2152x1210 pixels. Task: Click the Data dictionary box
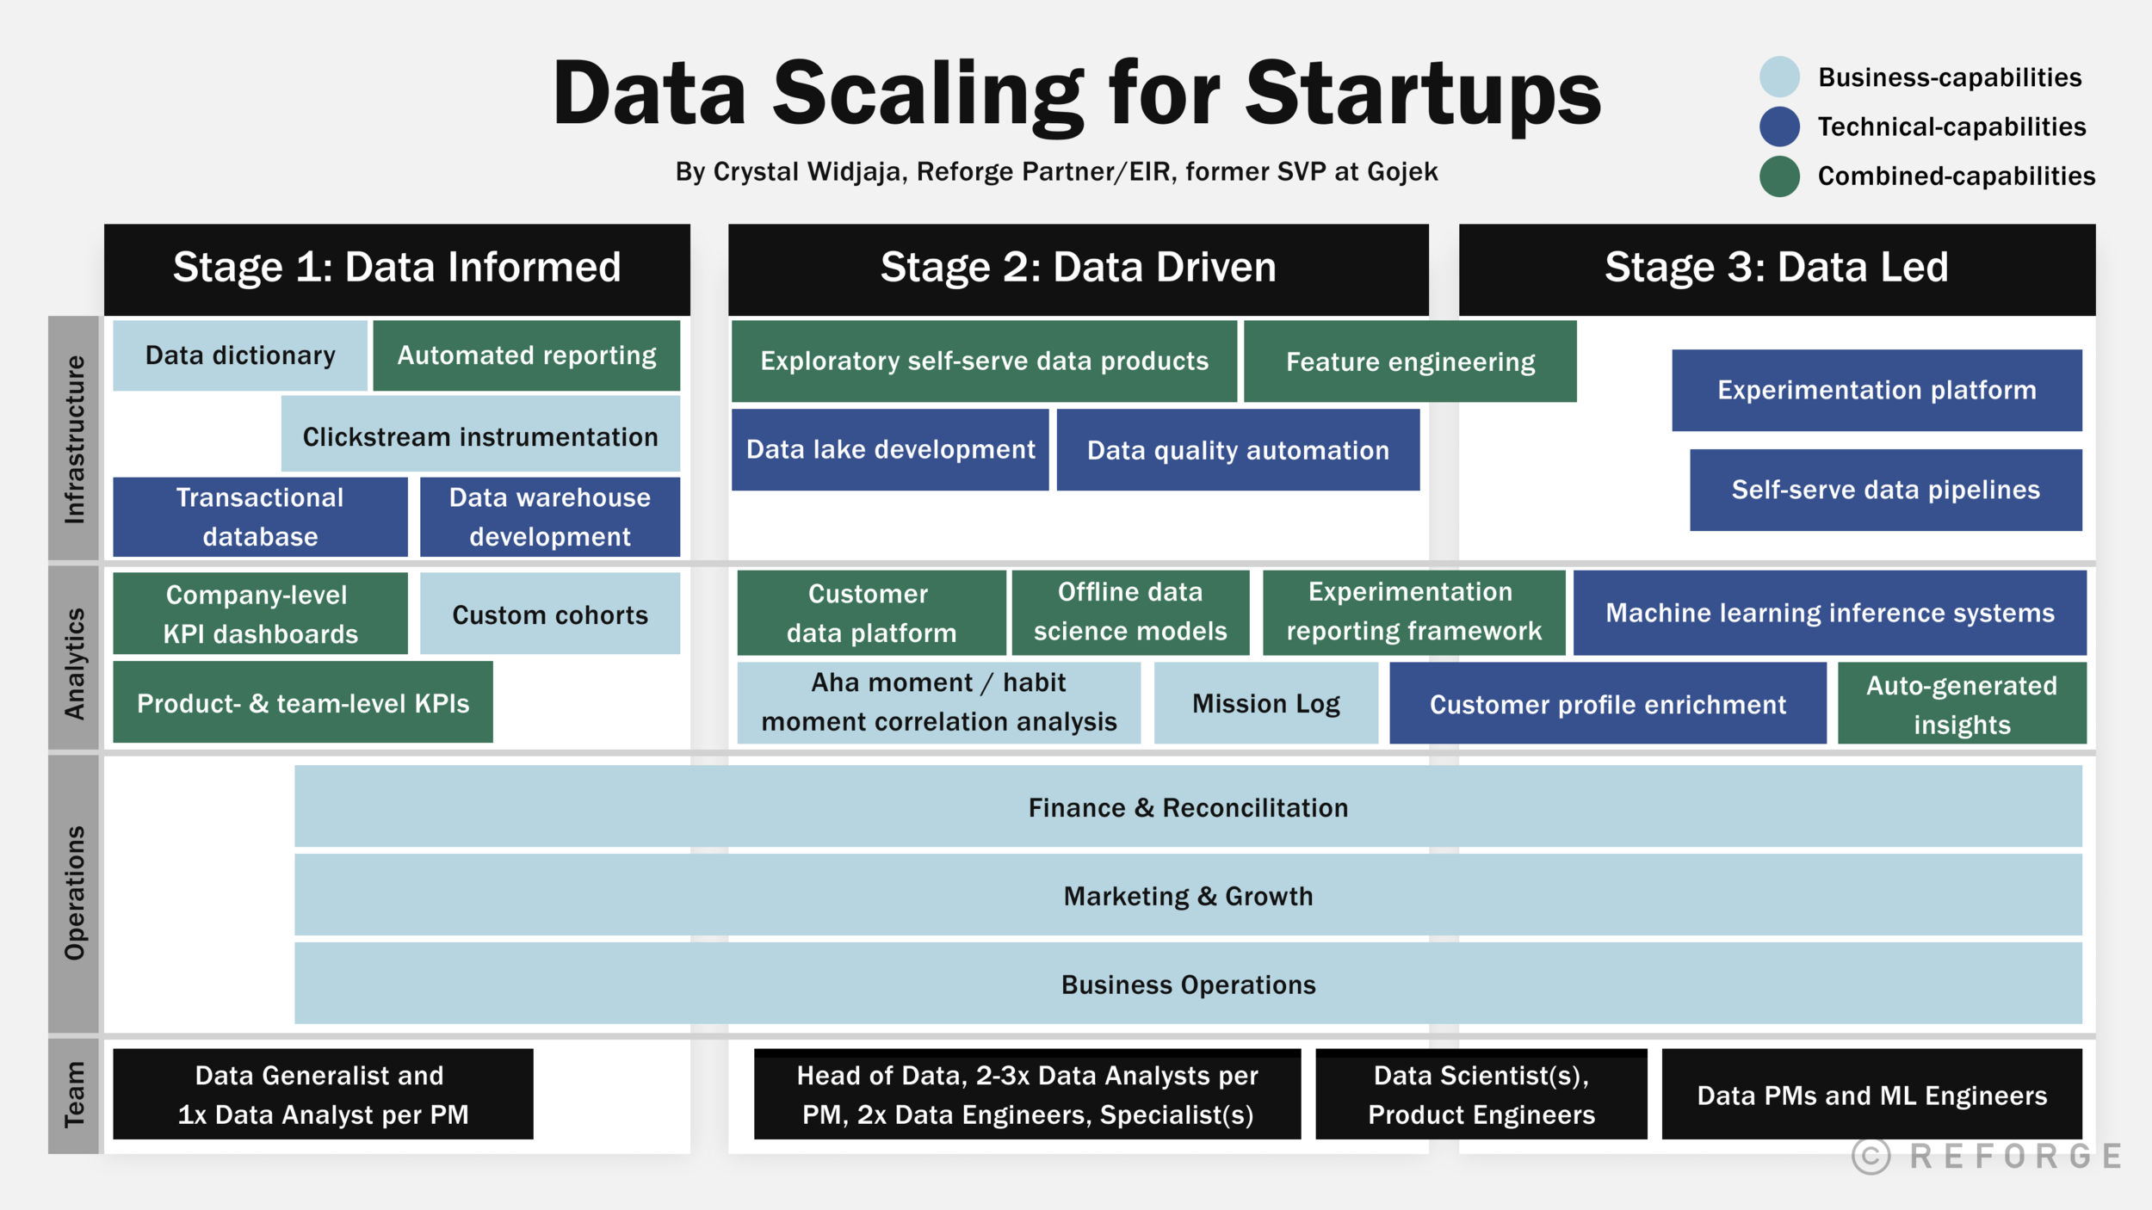coord(240,355)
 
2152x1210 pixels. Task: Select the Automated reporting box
coord(526,355)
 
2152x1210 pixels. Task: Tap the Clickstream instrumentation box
coord(480,436)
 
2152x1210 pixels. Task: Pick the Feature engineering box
coord(1410,361)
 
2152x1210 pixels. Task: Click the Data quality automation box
coord(1238,449)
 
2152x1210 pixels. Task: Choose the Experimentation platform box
coord(1877,390)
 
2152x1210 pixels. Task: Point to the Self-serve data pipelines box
coord(1885,490)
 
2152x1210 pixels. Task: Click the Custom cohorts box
coord(550,614)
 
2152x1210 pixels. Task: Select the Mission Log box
coord(1265,703)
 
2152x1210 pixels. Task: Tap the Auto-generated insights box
coord(1962,704)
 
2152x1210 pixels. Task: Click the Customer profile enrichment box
coord(1607,704)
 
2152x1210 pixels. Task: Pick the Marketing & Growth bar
coord(1188,895)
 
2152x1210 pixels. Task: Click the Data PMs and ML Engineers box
coord(1871,1095)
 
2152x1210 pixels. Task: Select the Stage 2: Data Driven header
coord(1078,268)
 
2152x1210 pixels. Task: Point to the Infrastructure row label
coord(74,439)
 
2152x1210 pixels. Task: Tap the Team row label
coord(74,1095)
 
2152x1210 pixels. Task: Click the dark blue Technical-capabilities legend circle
coord(1779,127)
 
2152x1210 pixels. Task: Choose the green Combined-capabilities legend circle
coord(1779,176)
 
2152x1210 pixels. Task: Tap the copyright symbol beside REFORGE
coord(1871,1156)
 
